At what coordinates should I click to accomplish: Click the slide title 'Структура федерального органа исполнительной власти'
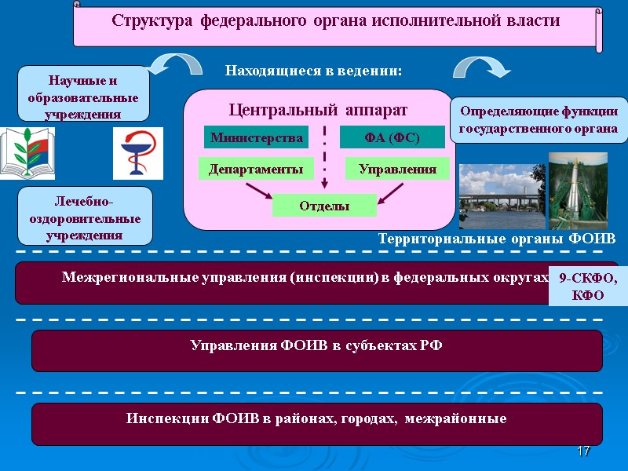(x=335, y=21)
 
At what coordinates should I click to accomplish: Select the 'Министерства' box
(x=256, y=138)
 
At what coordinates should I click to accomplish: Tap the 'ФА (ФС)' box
(x=392, y=138)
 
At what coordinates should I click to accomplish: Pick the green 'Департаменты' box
(x=256, y=168)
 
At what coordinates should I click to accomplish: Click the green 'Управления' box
(x=397, y=168)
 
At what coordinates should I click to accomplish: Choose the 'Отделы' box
(x=324, y=206)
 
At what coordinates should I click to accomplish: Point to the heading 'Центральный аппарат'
(x=318, y=108)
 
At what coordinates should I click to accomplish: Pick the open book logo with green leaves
(x=27, y=152)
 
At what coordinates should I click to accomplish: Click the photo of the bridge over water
(x=501, y=196)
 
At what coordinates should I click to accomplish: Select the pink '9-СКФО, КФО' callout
(x=588, y=287)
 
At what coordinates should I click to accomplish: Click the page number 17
(x=582, y=451)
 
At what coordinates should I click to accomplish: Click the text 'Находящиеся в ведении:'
(x=313, y=71)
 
